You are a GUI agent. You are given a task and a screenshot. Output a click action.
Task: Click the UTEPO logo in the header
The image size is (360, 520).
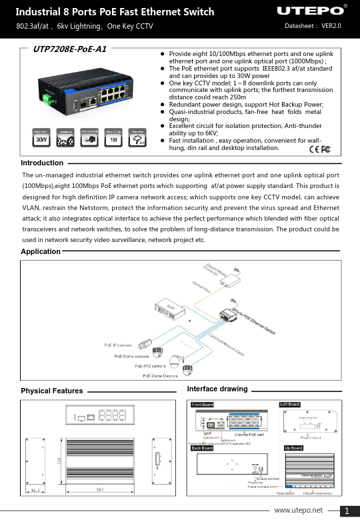coord(312,11)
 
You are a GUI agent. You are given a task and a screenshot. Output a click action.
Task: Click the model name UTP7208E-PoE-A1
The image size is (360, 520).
coord(65,49)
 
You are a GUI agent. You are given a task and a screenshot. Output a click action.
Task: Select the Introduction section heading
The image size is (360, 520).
coord(42,163)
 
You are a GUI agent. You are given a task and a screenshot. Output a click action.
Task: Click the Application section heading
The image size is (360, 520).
coord(41,251)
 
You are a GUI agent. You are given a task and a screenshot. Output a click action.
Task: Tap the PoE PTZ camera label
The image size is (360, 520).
coord(150,366)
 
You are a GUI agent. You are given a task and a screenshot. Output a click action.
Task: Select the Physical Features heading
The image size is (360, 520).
coord(52,391)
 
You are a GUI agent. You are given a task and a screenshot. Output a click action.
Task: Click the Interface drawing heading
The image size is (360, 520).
coord(217,389)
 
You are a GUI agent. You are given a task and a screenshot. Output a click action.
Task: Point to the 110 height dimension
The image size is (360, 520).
coord(58,460)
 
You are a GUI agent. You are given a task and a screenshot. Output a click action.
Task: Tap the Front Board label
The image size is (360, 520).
coord(203,405)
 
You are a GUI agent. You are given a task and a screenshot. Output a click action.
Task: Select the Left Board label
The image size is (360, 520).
coord(290,405)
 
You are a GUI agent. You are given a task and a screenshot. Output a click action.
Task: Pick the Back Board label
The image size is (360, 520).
coord(202,448)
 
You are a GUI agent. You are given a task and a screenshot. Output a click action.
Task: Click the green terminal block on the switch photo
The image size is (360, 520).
coord(49,100)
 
